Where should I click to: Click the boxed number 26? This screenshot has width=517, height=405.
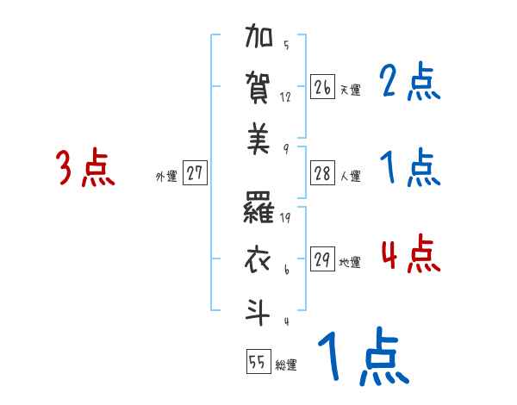click(x=322, y=87)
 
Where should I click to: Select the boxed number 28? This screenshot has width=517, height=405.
click(x=322, y=172)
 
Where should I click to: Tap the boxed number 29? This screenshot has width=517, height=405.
click(x=322, y=259)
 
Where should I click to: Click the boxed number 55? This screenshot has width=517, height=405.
click(x=257, y=362)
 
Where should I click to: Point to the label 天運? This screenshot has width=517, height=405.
click(x=350, y=90)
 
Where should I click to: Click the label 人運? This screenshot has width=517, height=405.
click(x=350, y=176)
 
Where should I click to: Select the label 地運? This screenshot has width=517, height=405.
click(x=350, y=262)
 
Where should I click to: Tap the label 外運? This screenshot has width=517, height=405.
click(x=165, y=176)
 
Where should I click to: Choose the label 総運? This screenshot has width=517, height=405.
click(x=286, y=365)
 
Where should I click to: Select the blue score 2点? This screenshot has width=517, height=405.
click(x=410, y=83)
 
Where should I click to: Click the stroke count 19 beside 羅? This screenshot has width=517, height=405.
click(x=286, y=218)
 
